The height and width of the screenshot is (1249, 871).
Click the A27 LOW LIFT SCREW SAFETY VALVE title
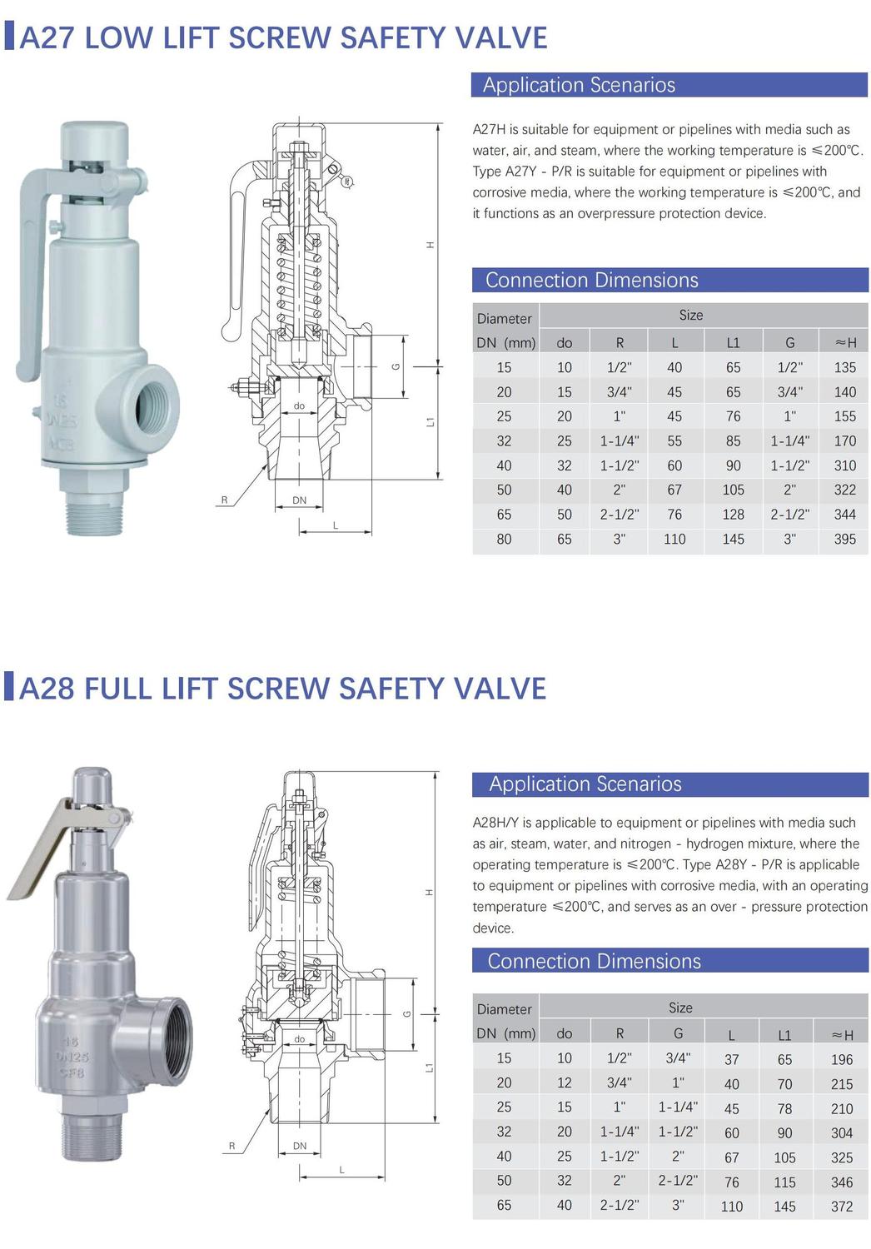[x=283, y=38]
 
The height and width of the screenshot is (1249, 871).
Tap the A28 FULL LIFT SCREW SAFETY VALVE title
[x=282, y=688]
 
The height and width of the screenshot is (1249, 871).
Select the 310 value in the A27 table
[x=844, y=465]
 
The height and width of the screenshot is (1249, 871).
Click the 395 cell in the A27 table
[x=844, y=540]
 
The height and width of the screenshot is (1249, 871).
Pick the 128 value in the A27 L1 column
[x=733, y=515]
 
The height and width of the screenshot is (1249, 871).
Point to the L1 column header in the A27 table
[x=733, y=343]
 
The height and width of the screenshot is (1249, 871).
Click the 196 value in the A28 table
[x=842, y=1059]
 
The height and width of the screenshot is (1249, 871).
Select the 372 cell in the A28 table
[x=842, y=1207]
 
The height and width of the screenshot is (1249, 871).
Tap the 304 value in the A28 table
[x=842, y=1133]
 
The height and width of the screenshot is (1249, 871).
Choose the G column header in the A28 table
[x=678, y=1033]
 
